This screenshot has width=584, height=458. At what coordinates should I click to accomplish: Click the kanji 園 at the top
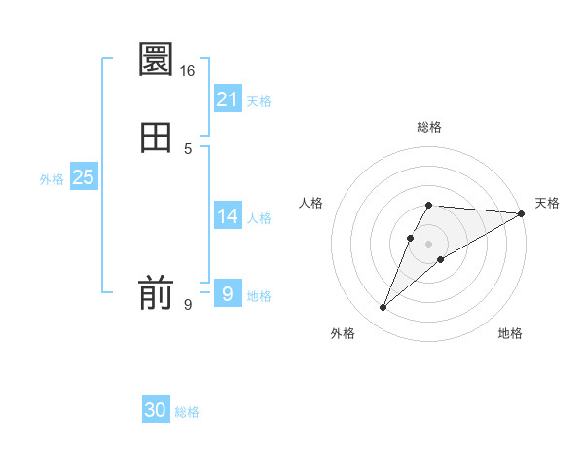click(x=157, y=60)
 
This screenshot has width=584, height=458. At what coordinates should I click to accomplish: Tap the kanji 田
click(x=157, y=136)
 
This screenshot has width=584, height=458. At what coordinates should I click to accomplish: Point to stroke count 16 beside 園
click(x=188, y=71)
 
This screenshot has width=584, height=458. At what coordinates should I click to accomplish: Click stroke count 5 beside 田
click(x=188, y=148)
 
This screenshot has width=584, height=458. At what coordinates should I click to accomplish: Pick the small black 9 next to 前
click(x=188, y=305)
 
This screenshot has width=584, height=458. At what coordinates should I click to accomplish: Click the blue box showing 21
click(x=228, y=99)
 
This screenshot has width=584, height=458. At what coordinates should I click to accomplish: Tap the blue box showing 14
click(x=228, y=216)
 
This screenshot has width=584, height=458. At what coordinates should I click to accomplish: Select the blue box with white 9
click(x=228, y=293)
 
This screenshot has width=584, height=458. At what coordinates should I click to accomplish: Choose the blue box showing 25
click(x=84, y=177)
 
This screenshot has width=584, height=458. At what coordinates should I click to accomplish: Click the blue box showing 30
click(x=156, y=411)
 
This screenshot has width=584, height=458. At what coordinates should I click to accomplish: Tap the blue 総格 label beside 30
click(x=187, y=413)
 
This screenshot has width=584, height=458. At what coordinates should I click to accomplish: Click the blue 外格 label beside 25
click(x=52, y=179)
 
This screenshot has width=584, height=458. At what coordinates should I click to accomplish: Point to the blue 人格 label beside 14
click(x=259, y=218)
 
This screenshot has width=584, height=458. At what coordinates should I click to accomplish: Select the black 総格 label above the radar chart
click(x=429, y=127)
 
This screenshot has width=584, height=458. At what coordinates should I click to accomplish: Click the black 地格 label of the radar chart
click(x=510, y=334)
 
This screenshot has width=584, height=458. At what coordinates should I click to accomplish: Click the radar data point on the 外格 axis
click(x=383, y=308)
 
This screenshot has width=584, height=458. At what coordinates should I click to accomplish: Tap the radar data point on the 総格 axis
click(x=429, y=205)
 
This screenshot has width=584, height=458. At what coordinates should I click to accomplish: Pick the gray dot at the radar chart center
click(x=429, y=243)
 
